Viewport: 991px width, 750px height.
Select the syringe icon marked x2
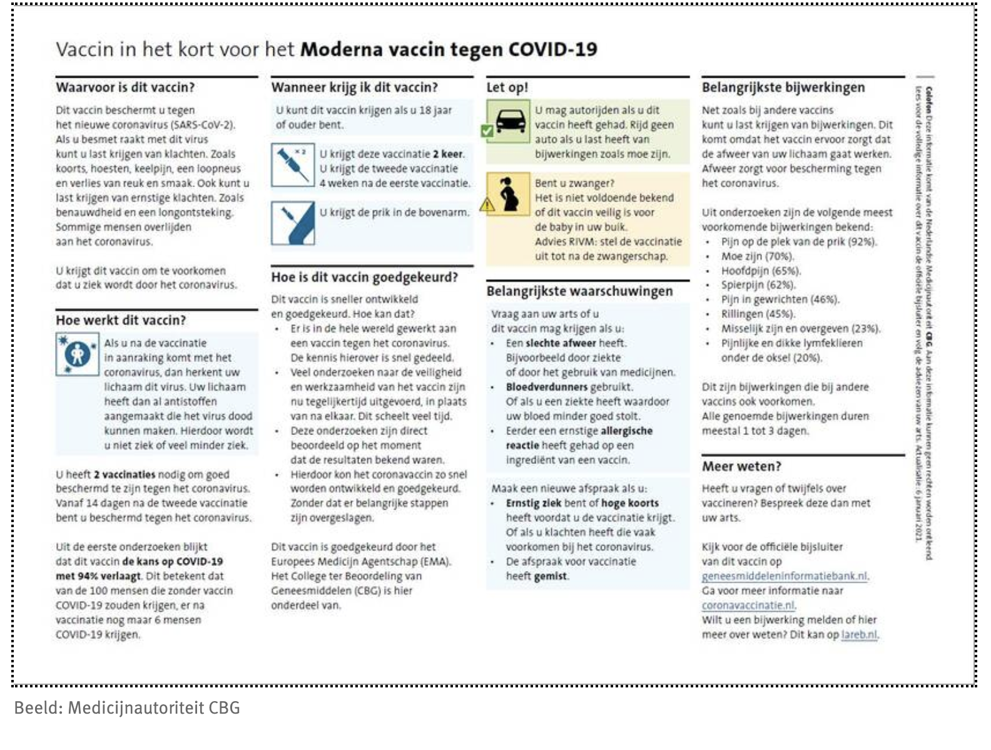click(292, 165)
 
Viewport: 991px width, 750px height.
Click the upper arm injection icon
click(292, 222)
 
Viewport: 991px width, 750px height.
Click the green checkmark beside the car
click(486, 132)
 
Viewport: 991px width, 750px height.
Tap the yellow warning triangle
click(487, 204)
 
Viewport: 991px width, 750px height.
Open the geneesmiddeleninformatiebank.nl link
click(785, 576)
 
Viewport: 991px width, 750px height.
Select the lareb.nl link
click(859, 634)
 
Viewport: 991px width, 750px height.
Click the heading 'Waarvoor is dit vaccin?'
click(125, 88)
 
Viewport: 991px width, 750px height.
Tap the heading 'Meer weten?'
click(741, 466)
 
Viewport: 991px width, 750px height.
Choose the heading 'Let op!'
click(507, 88)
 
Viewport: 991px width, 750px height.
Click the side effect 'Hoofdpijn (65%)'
click(761, 270)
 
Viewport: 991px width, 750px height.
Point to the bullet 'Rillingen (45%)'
click(758, 314)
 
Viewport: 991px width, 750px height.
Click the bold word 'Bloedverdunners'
click(547, 387)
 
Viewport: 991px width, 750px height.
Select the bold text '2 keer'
click(448, 154)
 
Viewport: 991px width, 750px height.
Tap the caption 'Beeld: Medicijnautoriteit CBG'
click(127, 708)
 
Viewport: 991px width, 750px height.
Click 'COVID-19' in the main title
click(552, 49)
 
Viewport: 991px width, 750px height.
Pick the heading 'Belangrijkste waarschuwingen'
click(579, 291)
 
